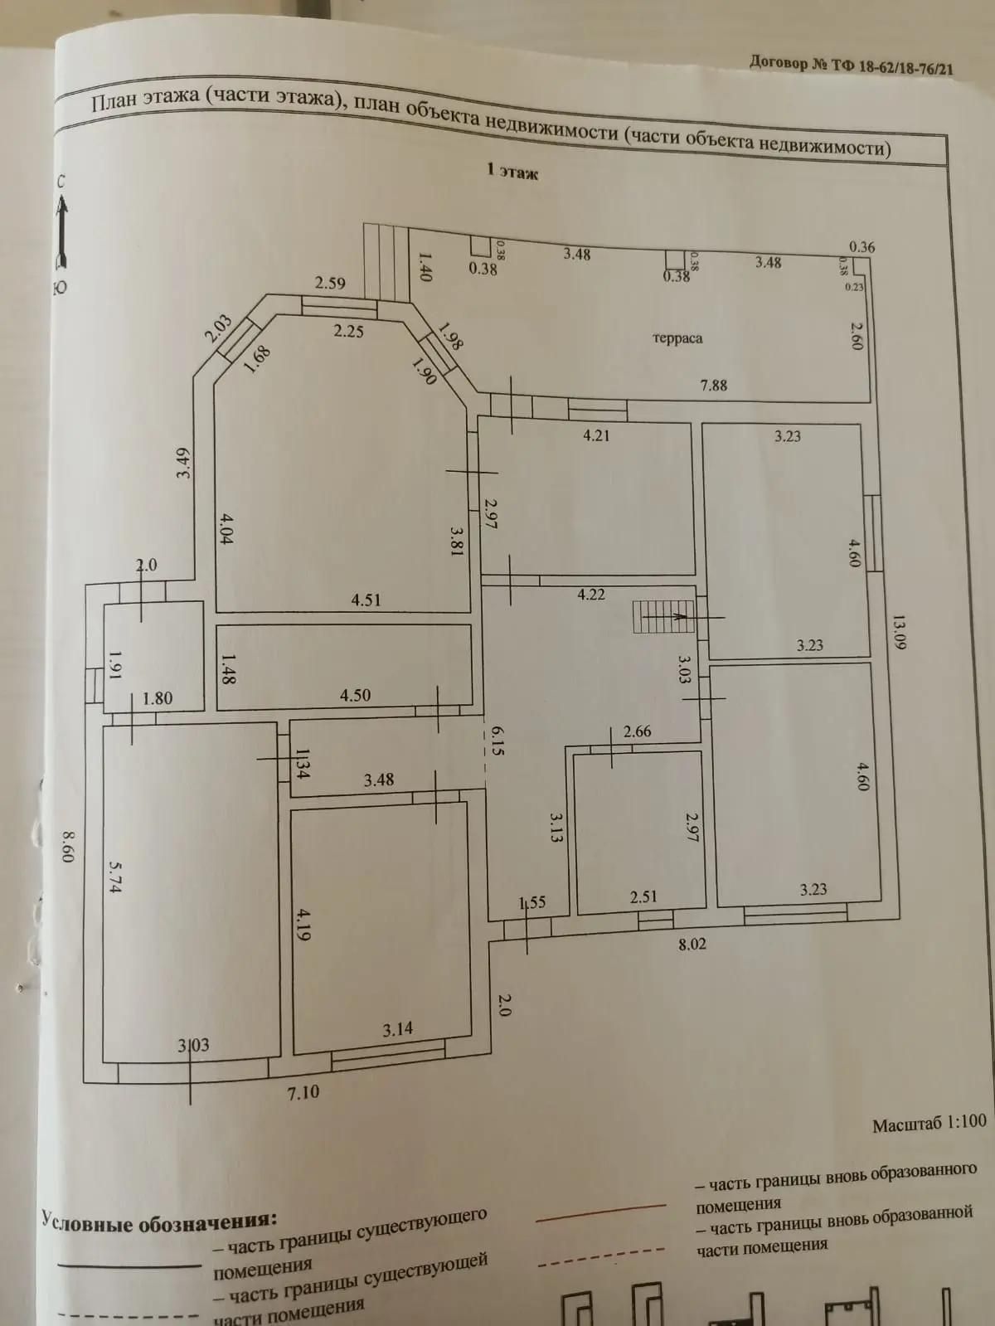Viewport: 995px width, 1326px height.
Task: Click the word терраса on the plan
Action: pyautogui.click(x=677, y=338)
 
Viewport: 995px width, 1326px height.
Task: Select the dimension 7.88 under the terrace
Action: pyautogui.click(x=713, y=386)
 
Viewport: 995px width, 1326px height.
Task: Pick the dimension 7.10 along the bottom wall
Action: pyautogui.click(x=303, y=1092)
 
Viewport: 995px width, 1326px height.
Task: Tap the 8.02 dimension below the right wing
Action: pyautogui.click(x=692, y=944)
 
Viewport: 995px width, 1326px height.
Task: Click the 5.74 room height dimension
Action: pyautogui.click(x=115, y=874)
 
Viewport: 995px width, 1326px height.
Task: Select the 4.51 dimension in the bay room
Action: pyautogui.click(x=366, y=600)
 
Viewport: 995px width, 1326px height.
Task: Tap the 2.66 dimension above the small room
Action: pyautogui.click(x=637, y=731)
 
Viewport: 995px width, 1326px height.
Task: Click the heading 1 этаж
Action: pyautogui.click(x=512, y=172)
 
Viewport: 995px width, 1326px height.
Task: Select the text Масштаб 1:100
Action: pyautogui.click(x=929, y=1124)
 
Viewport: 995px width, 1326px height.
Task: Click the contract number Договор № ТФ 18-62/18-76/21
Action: pyautogui.click(x=850, y=65)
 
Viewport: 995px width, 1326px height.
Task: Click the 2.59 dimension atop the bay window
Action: pyautogui.click(x=330, y=283)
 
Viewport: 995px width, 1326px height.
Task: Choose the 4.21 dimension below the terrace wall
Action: pyautogui.click(x=596, y=435)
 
